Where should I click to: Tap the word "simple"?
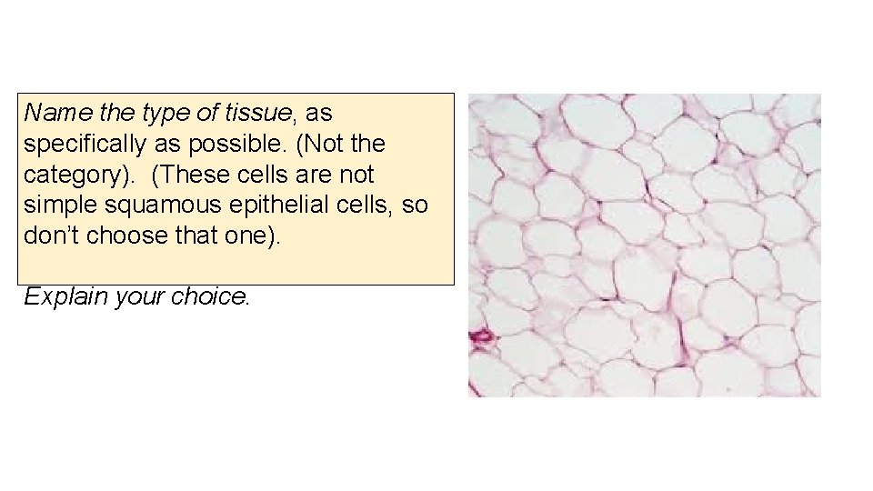coord(56,205)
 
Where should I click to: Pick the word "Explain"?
coord(62,296)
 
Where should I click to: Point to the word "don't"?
coord(51,235)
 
